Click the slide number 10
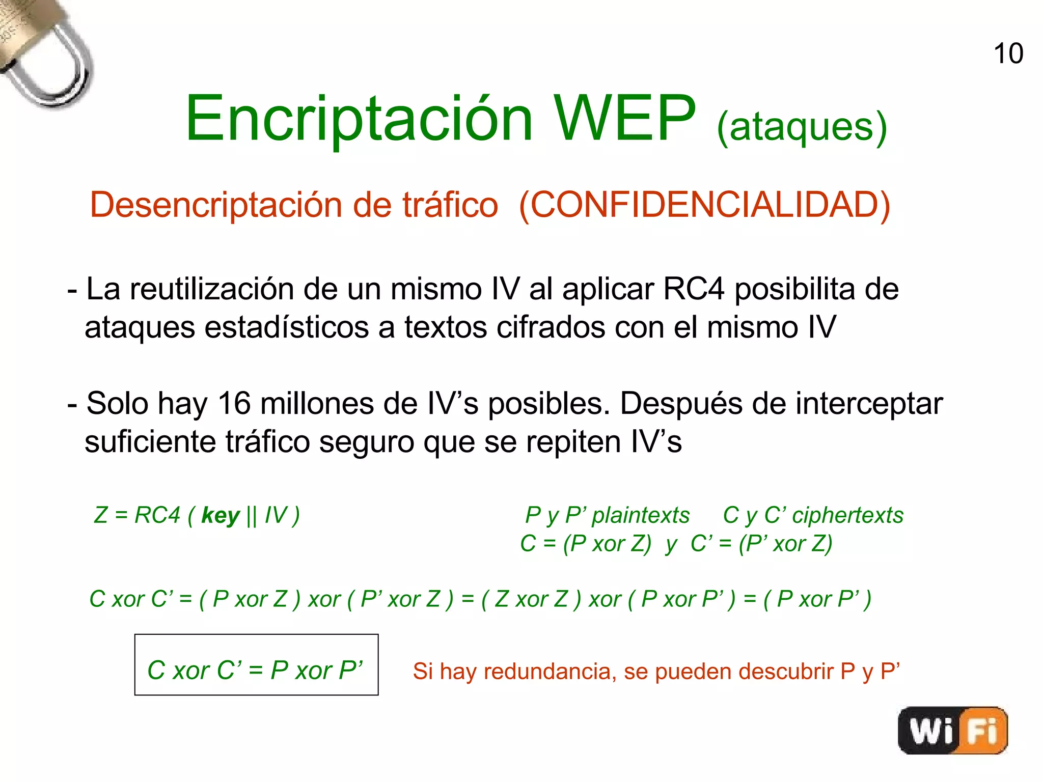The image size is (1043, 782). point(1008,54)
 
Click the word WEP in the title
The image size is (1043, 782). point(625,119)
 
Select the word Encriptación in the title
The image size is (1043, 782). point(359,120)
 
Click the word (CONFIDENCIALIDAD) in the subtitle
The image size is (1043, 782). point(704,205)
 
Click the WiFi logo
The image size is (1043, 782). point(952,730)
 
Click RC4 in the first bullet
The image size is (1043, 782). point(694,290)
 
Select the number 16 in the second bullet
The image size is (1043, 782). point(234,404)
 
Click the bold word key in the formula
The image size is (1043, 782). point(221,516)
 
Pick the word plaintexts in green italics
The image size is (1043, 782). point(641,515)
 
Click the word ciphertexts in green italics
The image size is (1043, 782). point(848,515)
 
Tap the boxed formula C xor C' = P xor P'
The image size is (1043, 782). point(256,665)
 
